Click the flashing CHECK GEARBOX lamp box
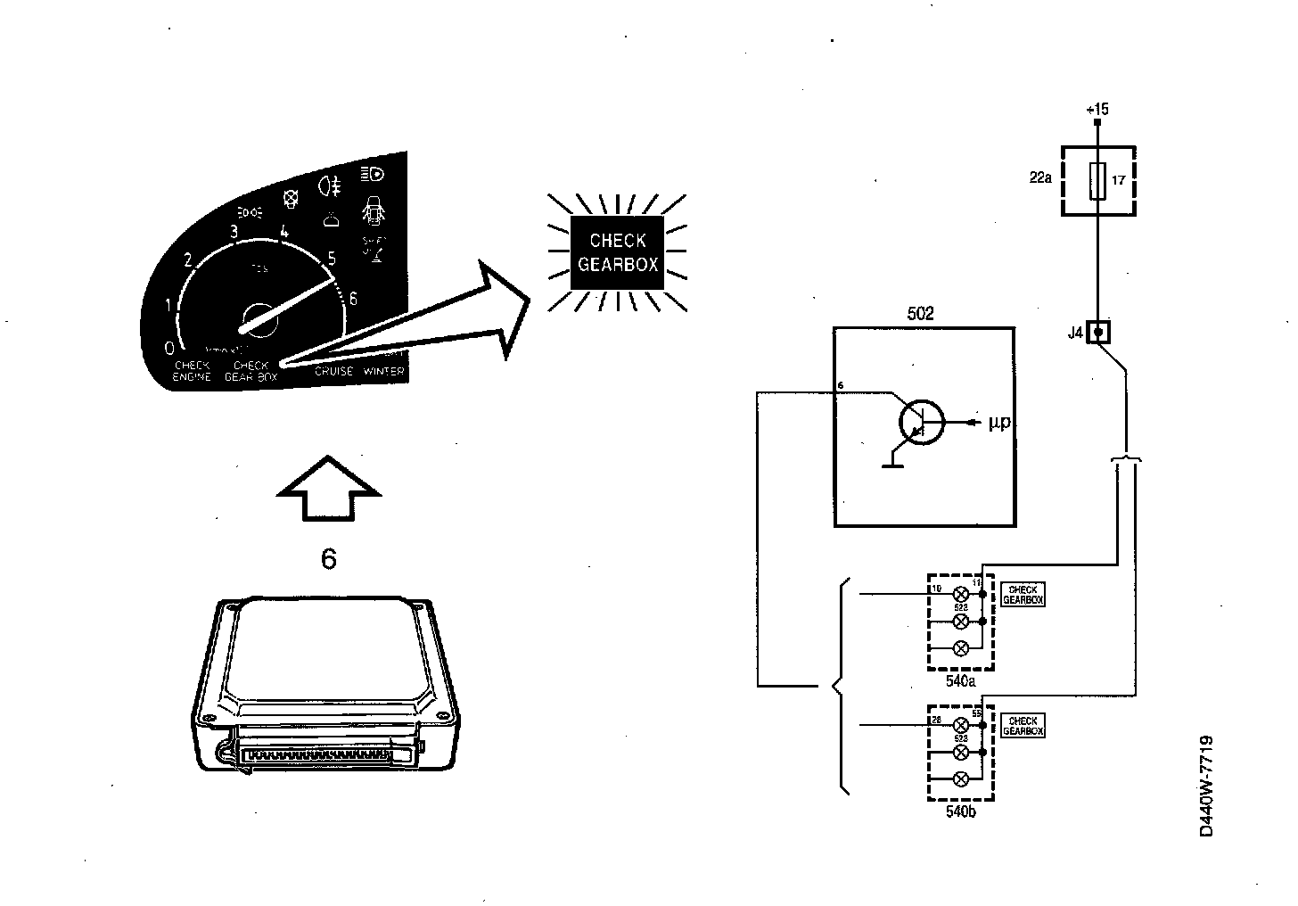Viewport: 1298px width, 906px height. coord(617,252)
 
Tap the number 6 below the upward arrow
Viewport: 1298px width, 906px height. coord(329,559)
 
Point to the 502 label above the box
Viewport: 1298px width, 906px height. coord(920,314)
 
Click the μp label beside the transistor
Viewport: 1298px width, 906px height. coord(999,422)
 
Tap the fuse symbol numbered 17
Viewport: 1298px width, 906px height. coord(1098,181)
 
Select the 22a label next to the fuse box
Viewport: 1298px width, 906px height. coord(1040,178)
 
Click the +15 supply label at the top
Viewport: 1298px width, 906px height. coord(1097,110)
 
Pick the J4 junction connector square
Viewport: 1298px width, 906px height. coord(1100,333)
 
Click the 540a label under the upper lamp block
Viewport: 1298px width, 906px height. coord(960,681)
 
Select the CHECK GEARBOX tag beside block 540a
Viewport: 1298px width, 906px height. coord(1023,595)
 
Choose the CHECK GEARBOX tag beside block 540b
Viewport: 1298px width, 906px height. coord(1023,726)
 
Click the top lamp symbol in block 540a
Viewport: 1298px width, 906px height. coord(961,595)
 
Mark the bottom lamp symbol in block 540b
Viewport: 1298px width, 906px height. coord(961,778)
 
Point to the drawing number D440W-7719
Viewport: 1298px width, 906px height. coord(1206,786)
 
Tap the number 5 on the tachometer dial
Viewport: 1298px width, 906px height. coord(332,259)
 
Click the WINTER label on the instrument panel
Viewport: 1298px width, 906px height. coord(383,371)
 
